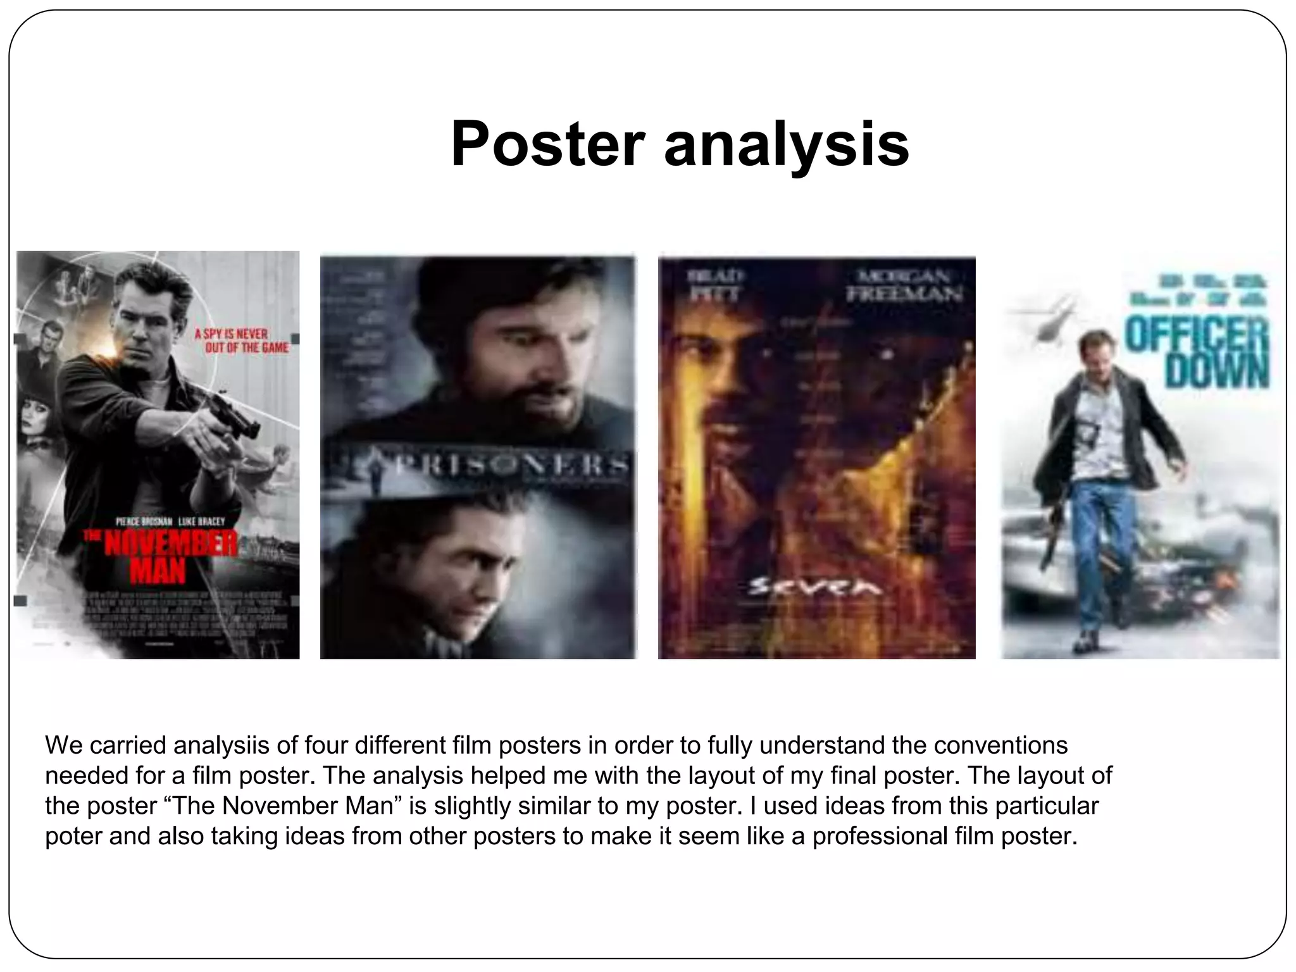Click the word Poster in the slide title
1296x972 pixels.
point(547,145)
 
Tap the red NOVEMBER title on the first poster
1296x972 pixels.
point(170,545)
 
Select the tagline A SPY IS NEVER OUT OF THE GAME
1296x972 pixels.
point(240,340)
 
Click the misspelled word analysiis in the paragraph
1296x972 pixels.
point(221,746)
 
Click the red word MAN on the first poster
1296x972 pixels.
point(158,573)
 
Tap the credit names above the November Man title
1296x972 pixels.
point(170,521)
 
